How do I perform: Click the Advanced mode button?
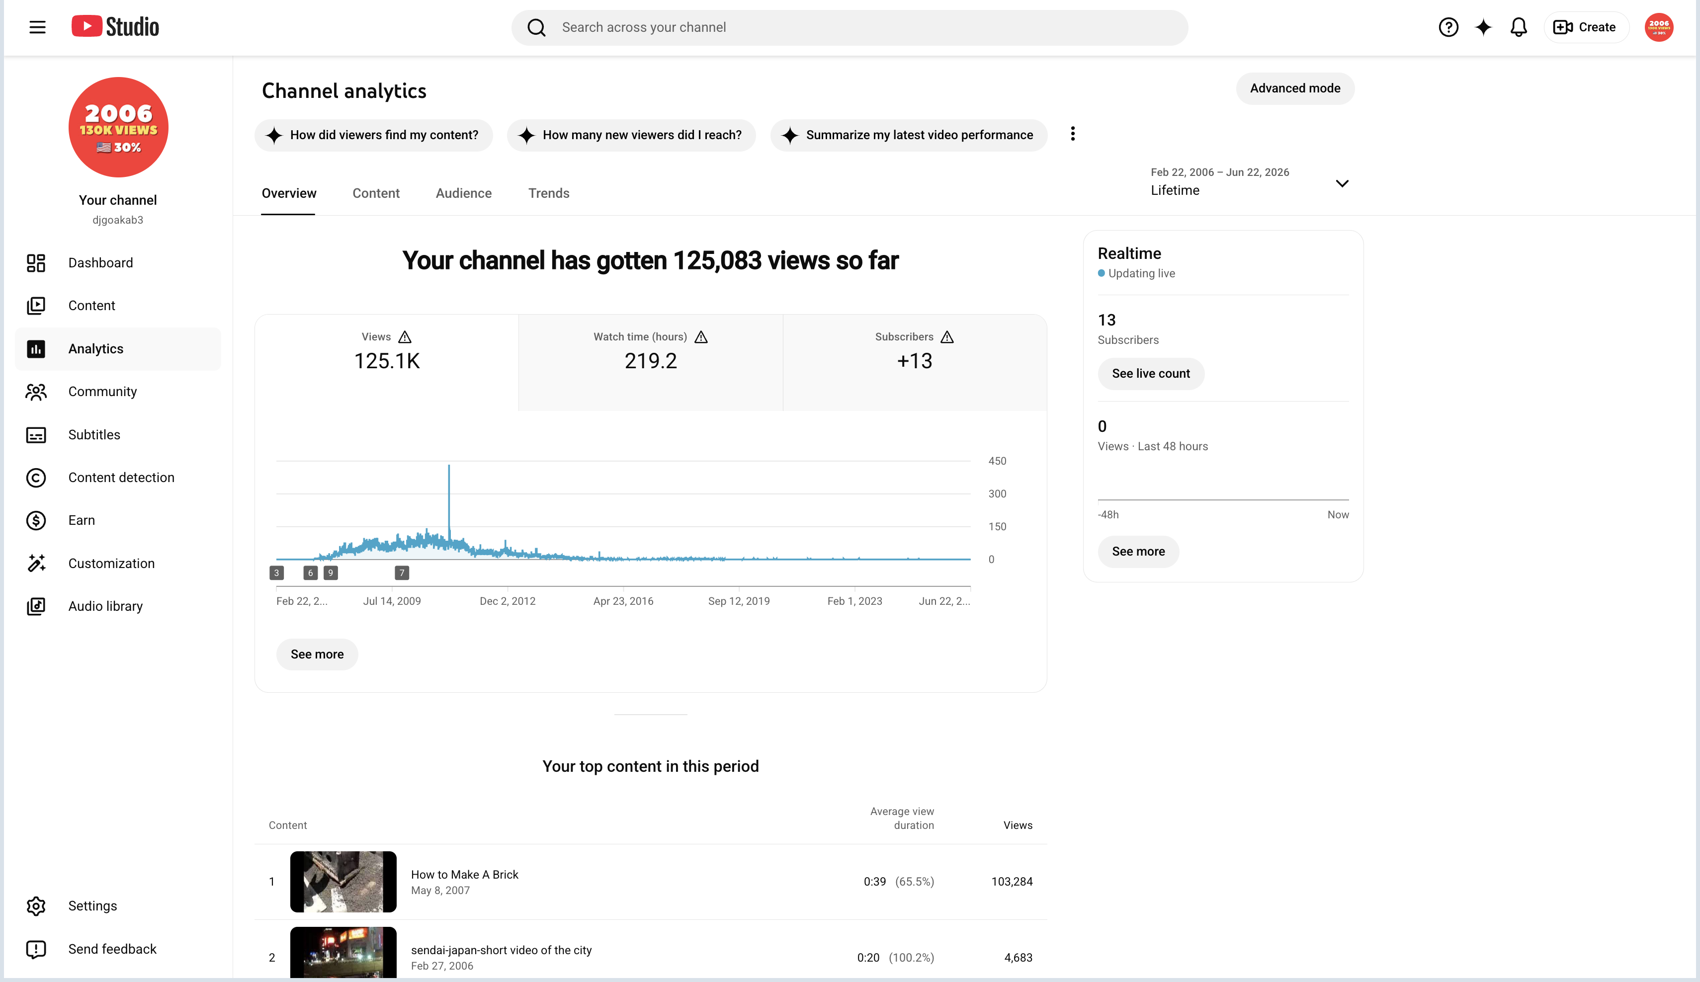pos(1294,88)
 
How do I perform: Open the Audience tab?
pos(463,194)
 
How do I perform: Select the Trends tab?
pos(548,194)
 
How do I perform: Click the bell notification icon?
pos(1518,27)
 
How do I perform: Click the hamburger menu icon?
pos(37,27)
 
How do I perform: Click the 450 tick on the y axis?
pos(996,461)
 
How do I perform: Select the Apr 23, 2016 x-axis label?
pos(623,601)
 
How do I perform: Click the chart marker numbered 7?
pos(402,573)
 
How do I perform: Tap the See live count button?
pos(1150,374)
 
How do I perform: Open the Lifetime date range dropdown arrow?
pos(1342,183)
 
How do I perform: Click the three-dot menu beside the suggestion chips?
pos(1073,134)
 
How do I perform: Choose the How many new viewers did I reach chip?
pos(631,135)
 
